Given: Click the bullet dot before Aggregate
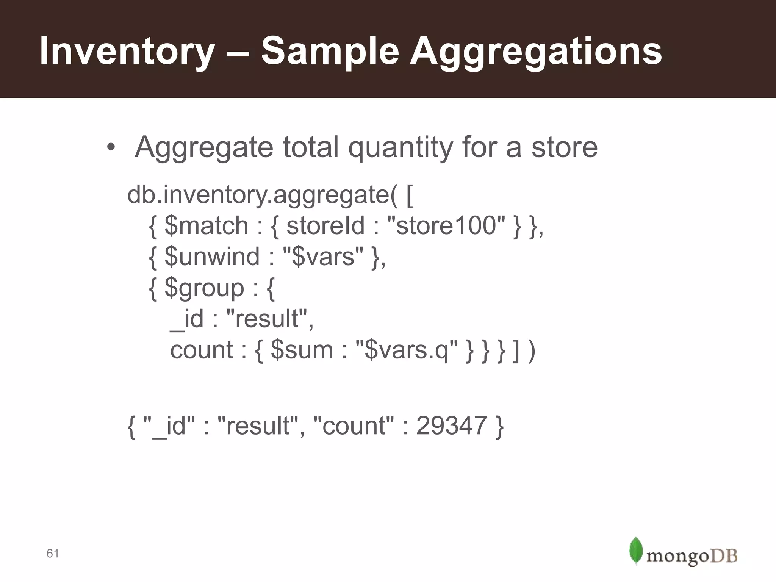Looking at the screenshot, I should pyautogui.click(x=111, y=148).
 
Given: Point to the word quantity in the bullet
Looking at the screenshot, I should pyautogui.click(x=401, y=148).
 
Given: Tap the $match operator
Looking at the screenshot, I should pyautogui.click(x=207, y=226).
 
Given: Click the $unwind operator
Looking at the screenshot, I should pyautogui.click(x=212, y=257).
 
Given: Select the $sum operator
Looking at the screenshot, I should pyautogui.click(x=302, y=350).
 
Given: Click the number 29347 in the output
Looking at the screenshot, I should pyautogui.click(x=451, y=426).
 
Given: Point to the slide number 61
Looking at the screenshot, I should pyautogui.click(x=53, y=554).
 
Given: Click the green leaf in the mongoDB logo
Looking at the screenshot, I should pyautogui.click(x=636, y=551).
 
